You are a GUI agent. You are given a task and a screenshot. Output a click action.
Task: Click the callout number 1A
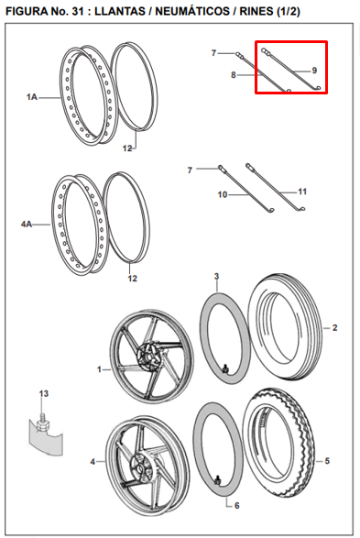[x=32, y=97]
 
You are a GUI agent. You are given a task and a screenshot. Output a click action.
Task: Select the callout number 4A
[x=27, y=225]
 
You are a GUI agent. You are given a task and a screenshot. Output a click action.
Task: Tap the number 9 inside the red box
[x=314, y=71]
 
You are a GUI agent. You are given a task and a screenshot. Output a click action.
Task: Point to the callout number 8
[x=234, y=75]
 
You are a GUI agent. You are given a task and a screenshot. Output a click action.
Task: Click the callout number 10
[x=223, y=194]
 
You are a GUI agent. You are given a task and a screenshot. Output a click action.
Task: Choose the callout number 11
[x=302, y=192]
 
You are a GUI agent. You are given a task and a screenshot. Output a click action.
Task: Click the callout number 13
[x=44, y=393]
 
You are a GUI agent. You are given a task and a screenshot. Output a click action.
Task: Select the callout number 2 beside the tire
[x=334, y=328]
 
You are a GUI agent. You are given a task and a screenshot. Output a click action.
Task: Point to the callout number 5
[x=327, y=461]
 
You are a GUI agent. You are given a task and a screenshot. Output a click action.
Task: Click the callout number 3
[x=216, y=276]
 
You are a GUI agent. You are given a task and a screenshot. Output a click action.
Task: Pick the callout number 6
[x=237, y=505]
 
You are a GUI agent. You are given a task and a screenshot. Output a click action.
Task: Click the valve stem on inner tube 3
[x=226, y=368]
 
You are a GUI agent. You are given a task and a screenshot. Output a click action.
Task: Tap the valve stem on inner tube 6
[x=217, y=480]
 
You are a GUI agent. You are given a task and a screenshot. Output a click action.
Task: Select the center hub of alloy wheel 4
[x=140, y=466]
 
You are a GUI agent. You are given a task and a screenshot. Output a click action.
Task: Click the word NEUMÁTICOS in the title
[x=192, y=11]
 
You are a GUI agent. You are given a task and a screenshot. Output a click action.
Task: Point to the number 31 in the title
[x=78, y=12]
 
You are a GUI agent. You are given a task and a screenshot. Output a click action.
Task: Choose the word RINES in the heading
[x=256, y=12]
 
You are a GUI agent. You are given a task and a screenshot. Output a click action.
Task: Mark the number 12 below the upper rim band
[x=127, y=148]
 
